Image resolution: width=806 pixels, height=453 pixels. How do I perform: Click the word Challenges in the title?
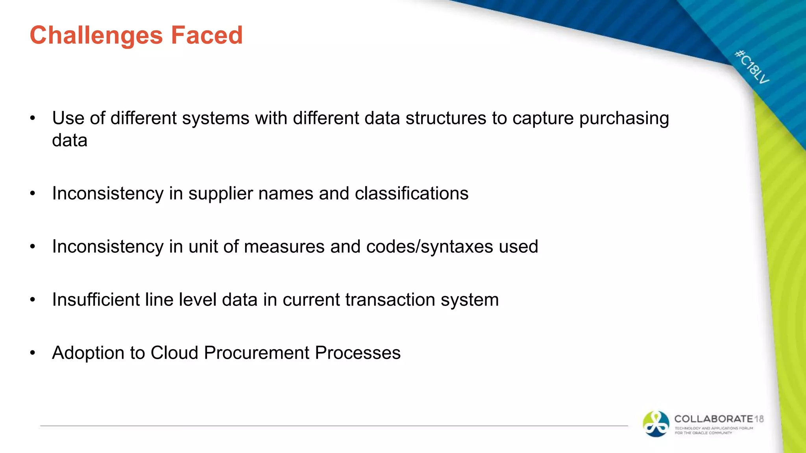96,35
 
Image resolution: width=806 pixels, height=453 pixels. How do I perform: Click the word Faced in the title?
207,35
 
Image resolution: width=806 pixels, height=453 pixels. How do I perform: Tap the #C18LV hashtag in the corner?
752,67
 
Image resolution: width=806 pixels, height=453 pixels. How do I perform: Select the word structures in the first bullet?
446,118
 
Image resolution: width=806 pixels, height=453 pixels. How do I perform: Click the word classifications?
412,193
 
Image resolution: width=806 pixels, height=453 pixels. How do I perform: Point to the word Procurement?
256,353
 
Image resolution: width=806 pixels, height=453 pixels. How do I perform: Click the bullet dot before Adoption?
33,353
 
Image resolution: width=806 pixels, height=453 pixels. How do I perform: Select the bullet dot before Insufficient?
33,300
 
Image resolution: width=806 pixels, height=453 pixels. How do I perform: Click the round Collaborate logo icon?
656,424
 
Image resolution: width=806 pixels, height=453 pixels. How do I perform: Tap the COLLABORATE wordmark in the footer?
714,419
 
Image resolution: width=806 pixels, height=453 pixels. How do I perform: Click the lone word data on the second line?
70,140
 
